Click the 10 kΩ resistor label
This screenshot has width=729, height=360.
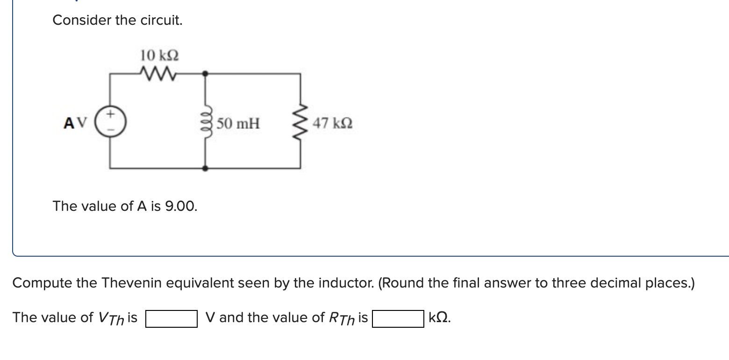pyautogui.click(x=159, y=56)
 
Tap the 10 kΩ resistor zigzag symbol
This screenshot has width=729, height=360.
pyautogui.click(x=157, y=73)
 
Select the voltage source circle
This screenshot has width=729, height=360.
pyautogui.click(x=110, y=123)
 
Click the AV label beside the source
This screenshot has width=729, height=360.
pyautogui.click(x=75, y=123)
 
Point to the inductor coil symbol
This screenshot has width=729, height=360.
pyautogui.click(x=205, y=123)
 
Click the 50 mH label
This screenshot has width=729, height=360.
pyautogui.click(x=238, y=124)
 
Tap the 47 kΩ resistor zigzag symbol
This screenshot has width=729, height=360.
pyautogui.click(x=300, y=123)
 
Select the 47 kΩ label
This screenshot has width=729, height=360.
pyautogui.click(x=333, y=124)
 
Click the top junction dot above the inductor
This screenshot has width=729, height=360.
pyautogui.click(x=205, y=73)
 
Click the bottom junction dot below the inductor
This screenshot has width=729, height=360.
pyautogui.click(x=205, y=168)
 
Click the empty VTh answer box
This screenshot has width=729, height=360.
pyautogui.click(x=171, y=319)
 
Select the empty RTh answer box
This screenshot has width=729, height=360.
pyautogui.click(x=398, y=319)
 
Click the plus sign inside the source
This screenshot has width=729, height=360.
pyautogui.click(x=110, y=114)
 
